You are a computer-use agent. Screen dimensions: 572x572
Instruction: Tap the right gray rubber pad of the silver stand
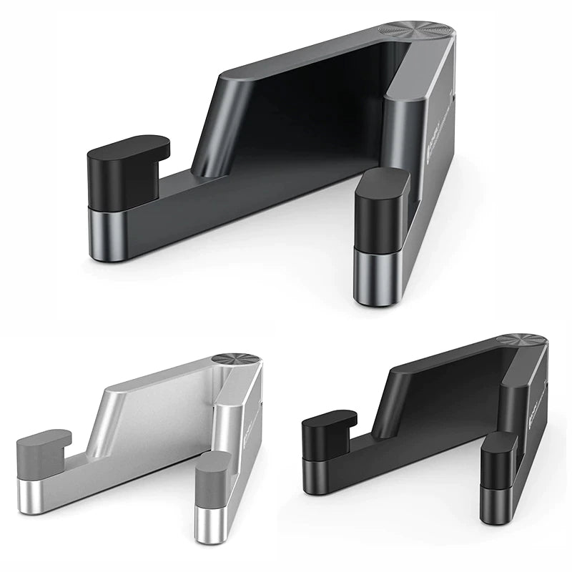(212, 476)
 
